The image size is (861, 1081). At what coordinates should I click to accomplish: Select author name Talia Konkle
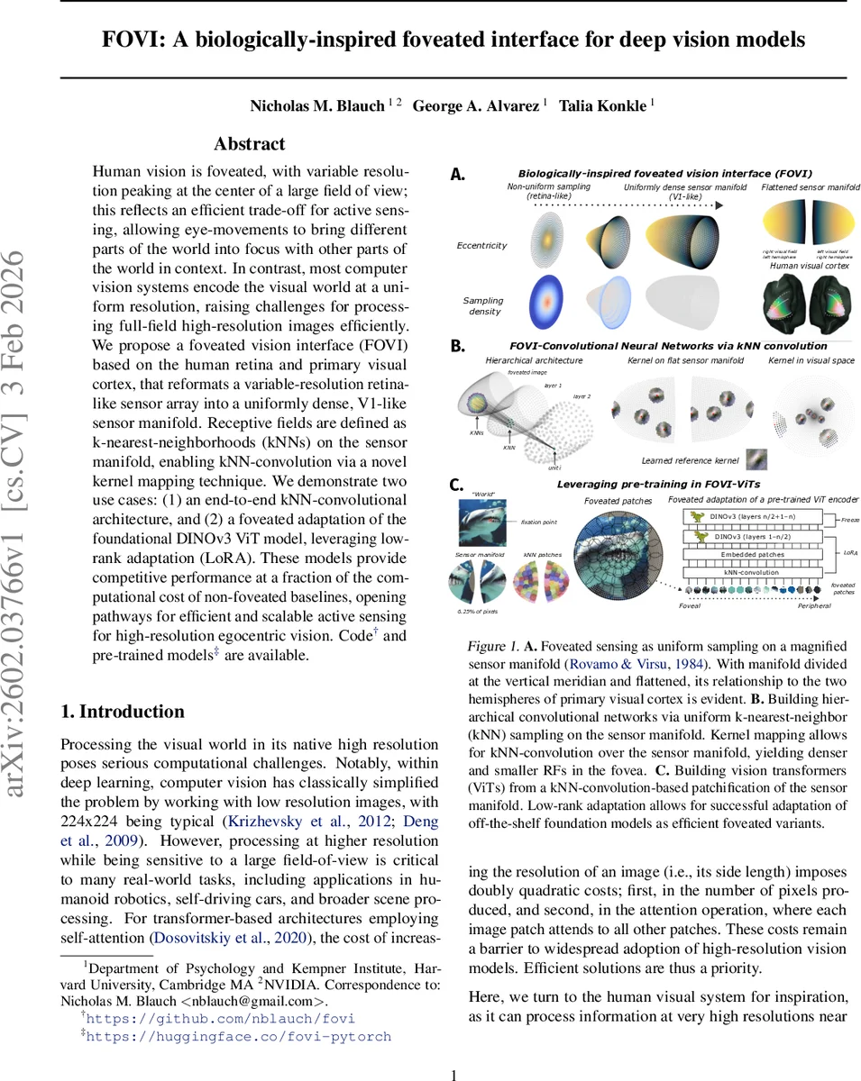point(602,105)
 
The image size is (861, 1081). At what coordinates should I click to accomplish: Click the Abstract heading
point(249,144)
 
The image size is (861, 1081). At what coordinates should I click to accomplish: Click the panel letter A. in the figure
point(458,174)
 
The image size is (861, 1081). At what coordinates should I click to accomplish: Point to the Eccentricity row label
point(483,245)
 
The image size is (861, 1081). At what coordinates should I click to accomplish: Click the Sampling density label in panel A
point(483,305)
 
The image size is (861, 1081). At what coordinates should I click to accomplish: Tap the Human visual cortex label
point(810,266)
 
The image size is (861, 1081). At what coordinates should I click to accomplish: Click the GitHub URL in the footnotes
point(220,1019)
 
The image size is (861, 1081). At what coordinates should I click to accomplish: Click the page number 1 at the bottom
point(454,1074)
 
